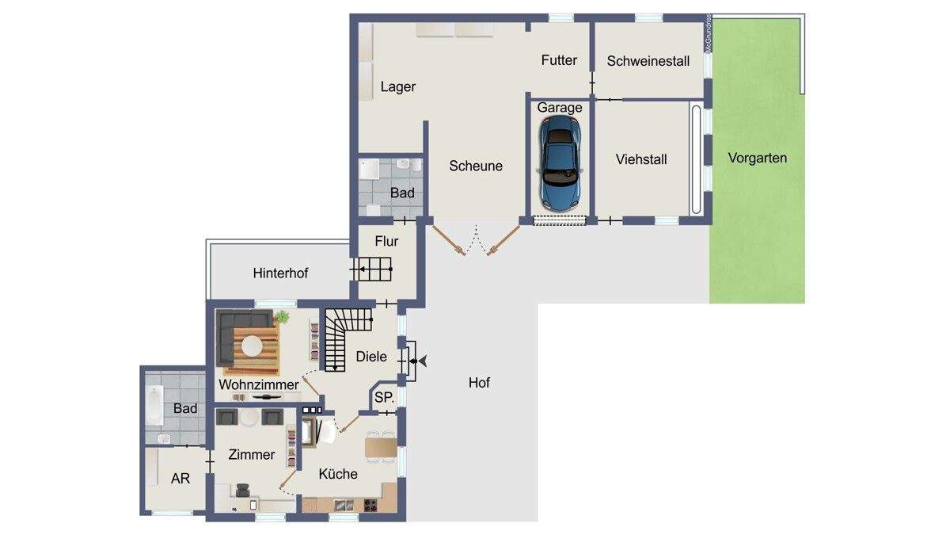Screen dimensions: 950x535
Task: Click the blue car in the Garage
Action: click(560, 162)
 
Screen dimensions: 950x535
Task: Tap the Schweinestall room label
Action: click(648, 61)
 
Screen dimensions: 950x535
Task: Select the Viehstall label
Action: click(641, 159)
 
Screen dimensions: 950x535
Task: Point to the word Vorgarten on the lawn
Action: click(758, 158)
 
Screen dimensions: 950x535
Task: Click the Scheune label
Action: click(476, 166)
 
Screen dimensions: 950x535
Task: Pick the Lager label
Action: click(397, 87)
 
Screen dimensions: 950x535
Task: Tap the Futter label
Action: click(559, 60)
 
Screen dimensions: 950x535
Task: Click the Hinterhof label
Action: click(280, 273)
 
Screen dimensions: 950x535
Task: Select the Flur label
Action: click(386, 241)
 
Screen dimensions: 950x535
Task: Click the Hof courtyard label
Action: click(479, 383)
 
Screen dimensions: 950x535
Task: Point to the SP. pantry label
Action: click(384, 397)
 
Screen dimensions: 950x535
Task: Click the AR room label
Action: click(180, 479)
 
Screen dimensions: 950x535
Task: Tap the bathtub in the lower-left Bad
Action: click(155, 405)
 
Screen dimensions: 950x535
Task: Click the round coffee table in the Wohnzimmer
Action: click(252, 346)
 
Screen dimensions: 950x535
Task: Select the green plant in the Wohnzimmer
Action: click(281, 317)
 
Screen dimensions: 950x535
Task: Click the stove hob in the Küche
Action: click(370, 506)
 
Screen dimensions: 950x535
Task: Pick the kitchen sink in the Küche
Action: click(344, 506)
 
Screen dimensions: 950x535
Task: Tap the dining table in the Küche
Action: click(381, 448)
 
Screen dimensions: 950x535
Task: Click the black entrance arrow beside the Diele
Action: click(422, 361)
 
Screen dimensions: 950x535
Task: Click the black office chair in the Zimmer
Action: click(243, 490)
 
